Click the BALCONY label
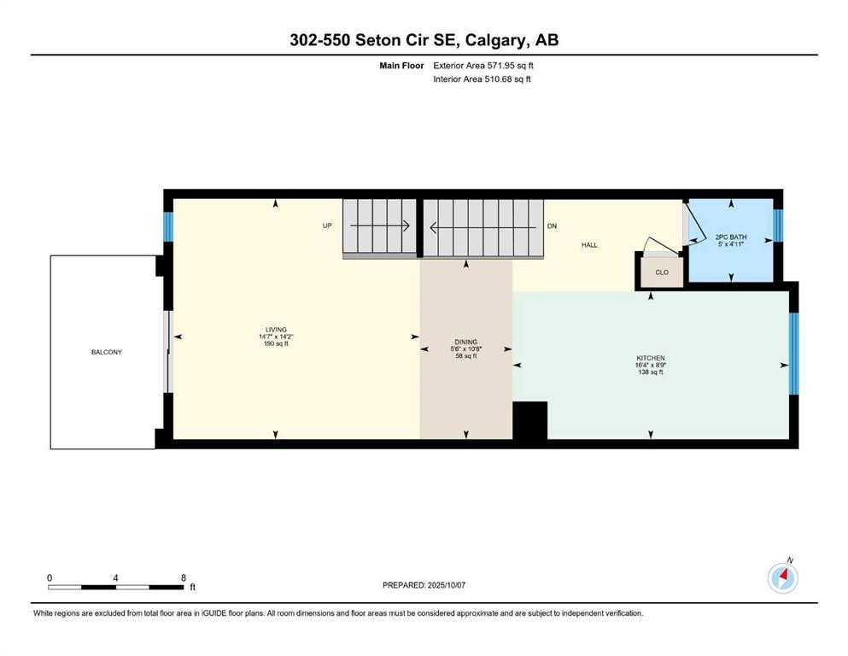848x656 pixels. click(108, 352)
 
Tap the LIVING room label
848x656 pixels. click(275, 330)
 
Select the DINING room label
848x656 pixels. click(465, 342)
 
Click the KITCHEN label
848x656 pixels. click(650, 358)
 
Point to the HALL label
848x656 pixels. click(589, 245)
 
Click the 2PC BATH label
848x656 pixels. click(730, 236)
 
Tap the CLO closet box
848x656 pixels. click(661, 272)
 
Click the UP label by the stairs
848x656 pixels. click(327, 226)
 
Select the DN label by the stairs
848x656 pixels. click(552, 226)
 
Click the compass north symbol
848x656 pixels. click(782, 578)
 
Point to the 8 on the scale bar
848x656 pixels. click(184, 577)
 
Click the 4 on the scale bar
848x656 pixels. click(115, 577)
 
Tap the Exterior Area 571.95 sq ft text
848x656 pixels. click(483, 65)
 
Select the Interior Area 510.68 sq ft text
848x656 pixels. click(482, 79)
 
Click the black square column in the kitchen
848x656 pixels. click(529, 420)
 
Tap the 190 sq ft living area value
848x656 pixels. click(275, 344)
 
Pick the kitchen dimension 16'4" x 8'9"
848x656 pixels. click(650, 366)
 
